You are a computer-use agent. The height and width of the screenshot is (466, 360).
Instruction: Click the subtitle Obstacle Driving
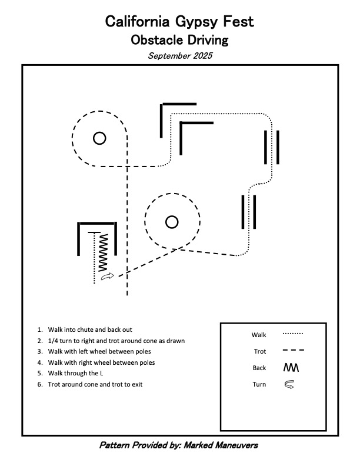pyautogui.click(x=179, y=41)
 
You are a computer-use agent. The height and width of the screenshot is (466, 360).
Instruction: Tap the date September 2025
pyautogui.click(x=179, y=56)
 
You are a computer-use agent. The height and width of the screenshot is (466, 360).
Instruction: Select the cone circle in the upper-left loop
pyautogui.click(x=99, y=138)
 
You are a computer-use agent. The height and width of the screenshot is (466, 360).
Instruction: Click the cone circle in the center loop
pyautogui.click(x=172, y=222)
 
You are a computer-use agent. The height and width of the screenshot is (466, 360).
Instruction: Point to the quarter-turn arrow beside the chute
pyautogui.click(x=107, y=276)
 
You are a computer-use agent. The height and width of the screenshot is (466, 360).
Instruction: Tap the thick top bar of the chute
pyautogui.click(x=97, y=224)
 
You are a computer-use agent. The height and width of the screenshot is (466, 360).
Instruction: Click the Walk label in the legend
pyautogui.click(x=259, y=335)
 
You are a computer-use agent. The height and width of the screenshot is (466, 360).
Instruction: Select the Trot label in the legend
pyautogui.click(x=259, y=351)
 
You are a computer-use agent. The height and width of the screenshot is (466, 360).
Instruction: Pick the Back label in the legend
pyautogui.click(x=259, y=368)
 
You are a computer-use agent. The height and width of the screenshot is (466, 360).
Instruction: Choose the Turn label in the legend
pyautogui.click(x=259, y=385)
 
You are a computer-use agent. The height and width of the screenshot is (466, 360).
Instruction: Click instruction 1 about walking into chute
pyautogui.click(x=94, y=329)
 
